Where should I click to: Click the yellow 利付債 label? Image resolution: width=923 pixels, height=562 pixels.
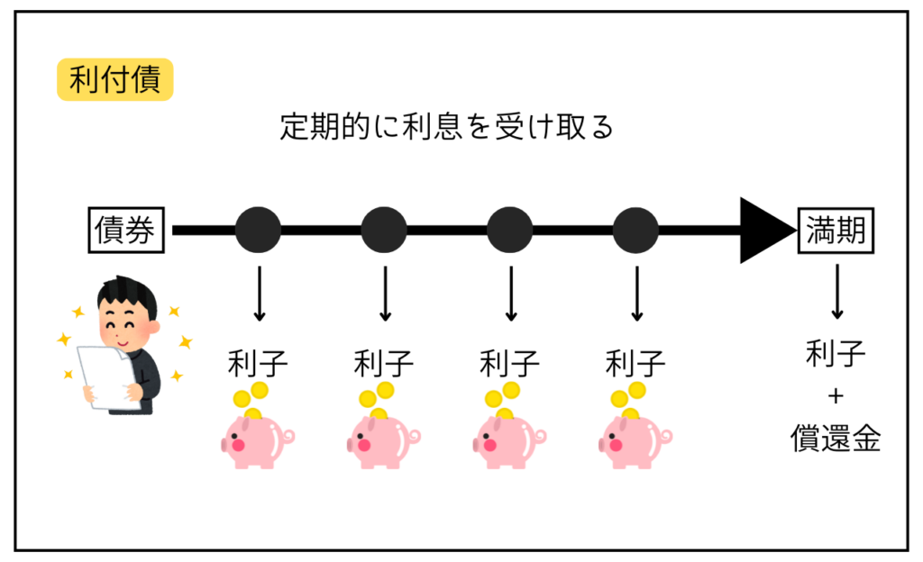[114, 80]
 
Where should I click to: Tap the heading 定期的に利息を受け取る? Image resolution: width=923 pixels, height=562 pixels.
[446, 127]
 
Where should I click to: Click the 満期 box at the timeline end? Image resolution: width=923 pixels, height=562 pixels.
[836, 231]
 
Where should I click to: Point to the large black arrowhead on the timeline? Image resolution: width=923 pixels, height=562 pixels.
[766, 231]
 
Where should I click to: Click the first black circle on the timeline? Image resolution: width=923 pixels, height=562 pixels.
[259, 231]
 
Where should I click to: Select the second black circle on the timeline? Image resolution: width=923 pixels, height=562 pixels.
[385, 231]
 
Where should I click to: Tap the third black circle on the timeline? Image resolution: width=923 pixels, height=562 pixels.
[510, 231]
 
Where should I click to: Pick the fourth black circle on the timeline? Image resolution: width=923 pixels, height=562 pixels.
[636, 231]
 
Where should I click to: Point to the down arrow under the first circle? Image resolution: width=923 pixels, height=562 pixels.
[259, 294]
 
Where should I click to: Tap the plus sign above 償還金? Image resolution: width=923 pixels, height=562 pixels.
[836, 397]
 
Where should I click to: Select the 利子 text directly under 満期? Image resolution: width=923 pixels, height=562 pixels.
[836, 356]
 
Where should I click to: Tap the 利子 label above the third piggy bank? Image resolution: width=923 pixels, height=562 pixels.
[510, 365]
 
